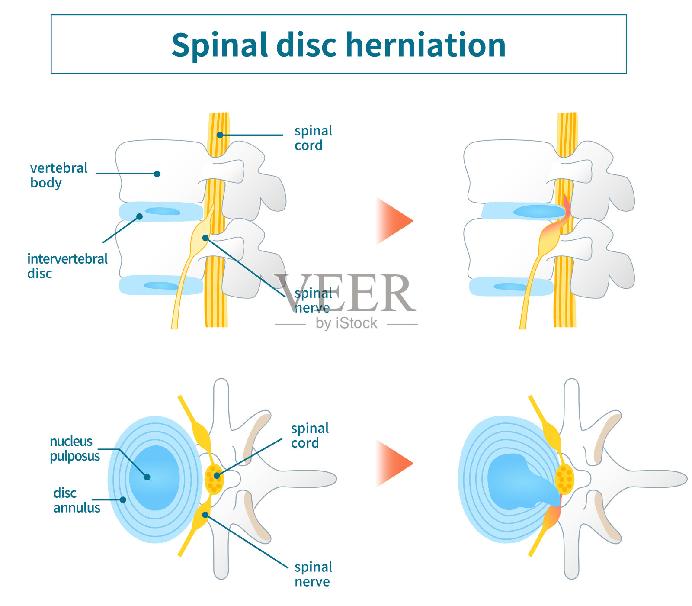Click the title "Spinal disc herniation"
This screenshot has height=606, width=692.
point(338,45)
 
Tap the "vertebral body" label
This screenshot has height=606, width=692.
point(58,175)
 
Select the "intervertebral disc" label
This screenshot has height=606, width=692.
point(67,266)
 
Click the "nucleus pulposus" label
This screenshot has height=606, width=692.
point(74,448)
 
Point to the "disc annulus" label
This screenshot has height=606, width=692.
point(77,500)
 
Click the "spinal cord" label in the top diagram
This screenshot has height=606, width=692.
point(313,138)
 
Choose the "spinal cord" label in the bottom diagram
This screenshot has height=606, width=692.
point(310,435)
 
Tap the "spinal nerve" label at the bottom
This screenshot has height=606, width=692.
point(313,574)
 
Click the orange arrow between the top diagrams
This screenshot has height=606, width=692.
point(394,221)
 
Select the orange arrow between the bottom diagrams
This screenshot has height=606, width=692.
point(394,463)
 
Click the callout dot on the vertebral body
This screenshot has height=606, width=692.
point(157,174)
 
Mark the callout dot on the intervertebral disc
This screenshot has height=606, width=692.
point(139,216)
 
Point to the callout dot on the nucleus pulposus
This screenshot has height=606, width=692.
point(147,477)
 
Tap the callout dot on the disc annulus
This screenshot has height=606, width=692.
point(123,500)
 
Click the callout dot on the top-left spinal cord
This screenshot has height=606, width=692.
point(220,135)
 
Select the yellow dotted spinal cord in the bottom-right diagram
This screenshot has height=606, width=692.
point(564,479)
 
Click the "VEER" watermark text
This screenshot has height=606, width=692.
point(346,293)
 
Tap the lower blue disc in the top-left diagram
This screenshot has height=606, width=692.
point(161,285)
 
